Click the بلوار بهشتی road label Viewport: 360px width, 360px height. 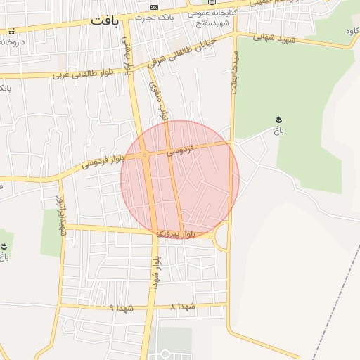point(128,57)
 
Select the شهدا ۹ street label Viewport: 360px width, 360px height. point(122,308)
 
